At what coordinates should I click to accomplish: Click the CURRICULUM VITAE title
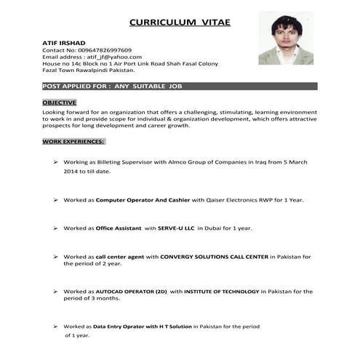180,23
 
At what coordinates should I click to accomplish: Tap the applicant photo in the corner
286,39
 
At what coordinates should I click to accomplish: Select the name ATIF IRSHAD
65,43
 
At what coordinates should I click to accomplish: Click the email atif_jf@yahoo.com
112,57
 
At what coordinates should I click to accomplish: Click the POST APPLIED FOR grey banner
179,87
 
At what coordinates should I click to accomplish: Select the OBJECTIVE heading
60,103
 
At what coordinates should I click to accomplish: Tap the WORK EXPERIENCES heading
73,141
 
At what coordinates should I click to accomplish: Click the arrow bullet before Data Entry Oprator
56,326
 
